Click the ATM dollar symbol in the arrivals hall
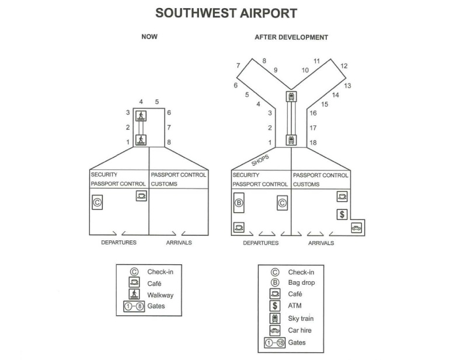pyautogui.click(x=342, y=214)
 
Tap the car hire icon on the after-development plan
pyautogui.click(x=356, y=228)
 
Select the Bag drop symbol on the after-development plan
pyautogui.click(x=239, y=203)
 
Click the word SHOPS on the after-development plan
pyautogui.click(x=260, y=160)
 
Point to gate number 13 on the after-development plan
pyautogui.click(x=347, y=86)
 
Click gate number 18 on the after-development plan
pyautogui.click(x=313, y=142)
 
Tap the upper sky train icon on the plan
pyautogui.click(x=291, y=96)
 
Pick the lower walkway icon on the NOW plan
pyautogui.click(x=141, y=140)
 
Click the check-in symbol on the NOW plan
pyautogui.click(x=97, y=202)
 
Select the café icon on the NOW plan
pyautogui.click(x=141, y=196)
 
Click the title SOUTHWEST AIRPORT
pyautogui.click(x=226, y=13)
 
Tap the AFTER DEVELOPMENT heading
pyautogui.click(x=291, y=37)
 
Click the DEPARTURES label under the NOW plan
pyautogui.click(x=119, y=242)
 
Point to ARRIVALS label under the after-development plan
pyautogui.click(x=321, y=243)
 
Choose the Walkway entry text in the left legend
pyautogui.click(x=160, y=295)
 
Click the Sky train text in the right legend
pyautogui.click(x=301, y=319)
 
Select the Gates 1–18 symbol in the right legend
pyautogui.click(x=275, y=342)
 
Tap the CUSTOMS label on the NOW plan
pyautogui.click(x=164, y=184)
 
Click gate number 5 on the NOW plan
pyautogui.click(x=157, y=102)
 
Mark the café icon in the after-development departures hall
pyautogui.click(x=239, y=228)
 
